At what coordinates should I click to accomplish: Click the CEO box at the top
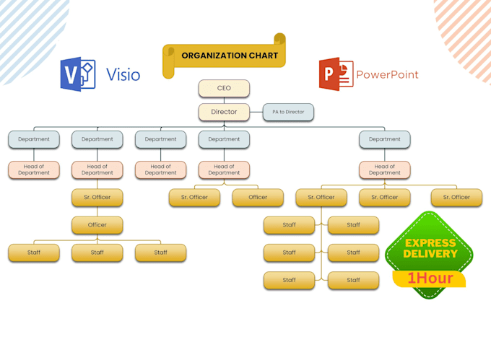pos(224,88)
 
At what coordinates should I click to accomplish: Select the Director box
pos(224,112)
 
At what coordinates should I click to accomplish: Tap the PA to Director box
pos(288,112)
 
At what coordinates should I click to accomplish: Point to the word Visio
pos(123,74)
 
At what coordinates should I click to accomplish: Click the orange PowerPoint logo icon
pos(336,74)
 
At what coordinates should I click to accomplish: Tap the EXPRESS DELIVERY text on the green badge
pos(430,248)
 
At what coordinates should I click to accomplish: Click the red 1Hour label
pos(429,278)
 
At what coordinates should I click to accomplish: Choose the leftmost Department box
pos(34,139)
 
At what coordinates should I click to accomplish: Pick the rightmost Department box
pos(384,139)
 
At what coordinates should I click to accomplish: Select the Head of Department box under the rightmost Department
pos(384,170)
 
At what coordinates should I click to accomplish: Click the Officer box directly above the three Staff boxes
pos(97,225)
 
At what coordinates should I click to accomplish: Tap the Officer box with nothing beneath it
pos(258,197)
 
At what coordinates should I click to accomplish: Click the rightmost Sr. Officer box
pos(456,197)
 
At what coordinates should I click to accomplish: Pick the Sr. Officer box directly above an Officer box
pos(97,197)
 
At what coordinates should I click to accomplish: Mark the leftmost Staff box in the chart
pos(34,253)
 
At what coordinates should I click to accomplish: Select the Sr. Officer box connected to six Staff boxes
pos(321,197)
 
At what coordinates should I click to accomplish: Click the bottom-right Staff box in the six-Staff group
pos(353,280)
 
